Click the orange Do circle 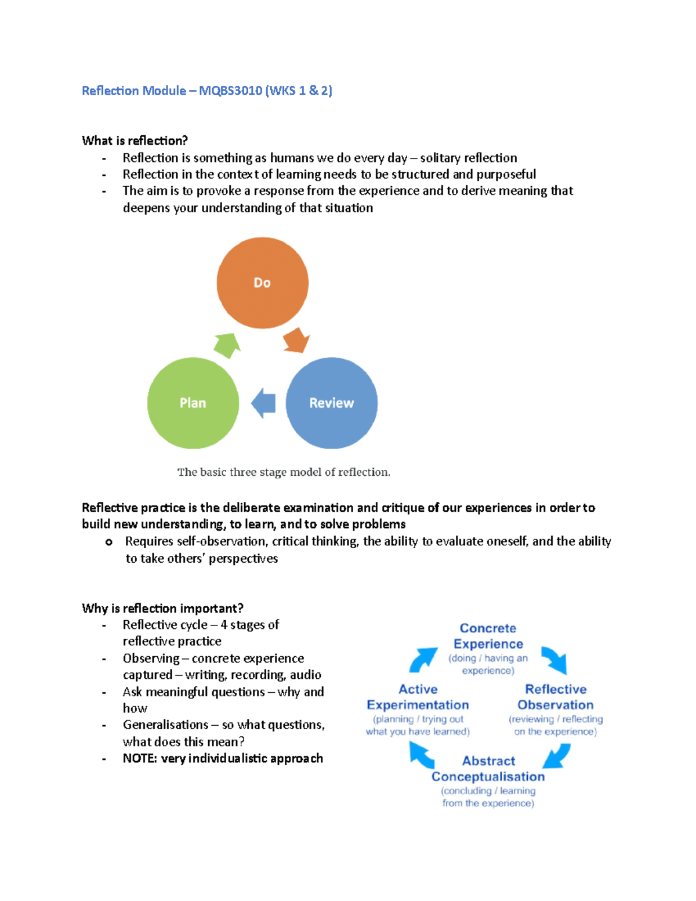pyautogui.click(x=262, y=283)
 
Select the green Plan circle pyautogui.click(x=193, y=403)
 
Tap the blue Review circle pyautogui.click(x=331, y=403)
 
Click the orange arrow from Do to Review pyautogui.click(x=296, y=340)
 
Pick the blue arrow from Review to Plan pyautogui.click(x=263, y=403)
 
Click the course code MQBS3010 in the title pyautogui.click(x=230, y=91)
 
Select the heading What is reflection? pyautogui.click(x=135, y=140)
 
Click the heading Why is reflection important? pyautogui.click(x=162, y=608)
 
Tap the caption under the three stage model pyautogui.click(x=284, y=472)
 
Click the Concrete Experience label pyautogui.click(x=488, y=636)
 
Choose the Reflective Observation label pyautogui.click(x=555, y=697)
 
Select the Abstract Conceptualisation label pyautogui.click(x=488, y=769)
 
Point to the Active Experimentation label pyautogui.click(x=418, y=697)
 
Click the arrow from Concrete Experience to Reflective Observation pyautogui.click(x=554, y=660)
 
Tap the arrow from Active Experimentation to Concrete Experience pyautogui.click(x=423, y=659)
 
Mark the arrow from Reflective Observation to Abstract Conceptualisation pyautogui.click(x=556, y=756)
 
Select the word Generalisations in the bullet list pyautogui.click(x=165, y=725)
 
